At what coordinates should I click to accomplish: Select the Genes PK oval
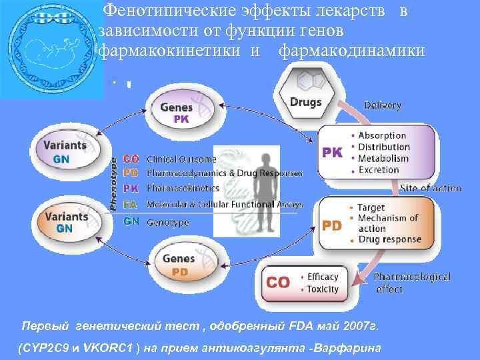point(181,112)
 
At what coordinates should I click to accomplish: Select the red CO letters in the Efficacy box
point(278,283)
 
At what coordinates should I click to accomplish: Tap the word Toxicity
point(323,289)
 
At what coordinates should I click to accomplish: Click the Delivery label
point(383,105)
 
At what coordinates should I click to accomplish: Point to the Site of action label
point(431,188)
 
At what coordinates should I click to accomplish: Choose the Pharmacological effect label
point(411,282)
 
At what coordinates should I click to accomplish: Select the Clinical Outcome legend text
point(181,159)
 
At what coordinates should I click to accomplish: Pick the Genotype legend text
point(167,222)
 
